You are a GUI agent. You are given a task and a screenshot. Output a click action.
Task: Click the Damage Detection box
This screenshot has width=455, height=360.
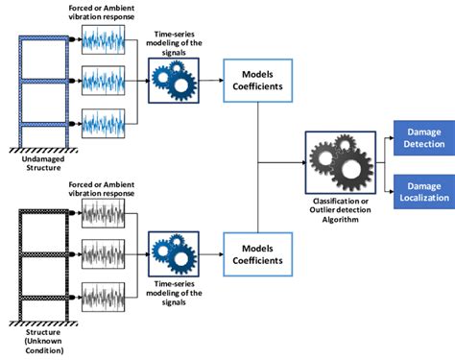coord(424,138)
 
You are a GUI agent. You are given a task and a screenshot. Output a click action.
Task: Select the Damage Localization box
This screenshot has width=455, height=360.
coord(424,192)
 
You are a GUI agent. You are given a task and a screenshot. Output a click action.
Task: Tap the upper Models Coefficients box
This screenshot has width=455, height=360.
coord(258,81)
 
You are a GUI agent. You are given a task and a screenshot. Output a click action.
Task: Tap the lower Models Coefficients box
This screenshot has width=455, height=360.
coord(258,254)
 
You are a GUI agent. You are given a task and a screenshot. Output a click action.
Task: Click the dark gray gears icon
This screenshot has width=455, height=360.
coord(341,162)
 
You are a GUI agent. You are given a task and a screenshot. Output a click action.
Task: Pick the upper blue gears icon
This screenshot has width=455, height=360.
coord(174,81)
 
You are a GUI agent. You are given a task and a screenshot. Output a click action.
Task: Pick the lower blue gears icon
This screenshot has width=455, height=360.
coord(174,254)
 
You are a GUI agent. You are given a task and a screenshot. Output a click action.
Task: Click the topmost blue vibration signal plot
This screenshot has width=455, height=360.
coord(104,39)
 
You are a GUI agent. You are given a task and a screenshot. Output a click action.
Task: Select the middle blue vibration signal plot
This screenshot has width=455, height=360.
coord(104,81)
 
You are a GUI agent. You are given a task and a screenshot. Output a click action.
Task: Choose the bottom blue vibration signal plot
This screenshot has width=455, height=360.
coord(104,124)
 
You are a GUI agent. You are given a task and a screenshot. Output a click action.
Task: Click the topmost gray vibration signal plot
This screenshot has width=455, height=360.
coord(104,213)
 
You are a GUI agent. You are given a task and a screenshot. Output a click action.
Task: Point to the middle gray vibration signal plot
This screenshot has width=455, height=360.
coord(104,254)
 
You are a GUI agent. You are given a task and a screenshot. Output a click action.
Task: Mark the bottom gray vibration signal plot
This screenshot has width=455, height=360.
coord(104,297)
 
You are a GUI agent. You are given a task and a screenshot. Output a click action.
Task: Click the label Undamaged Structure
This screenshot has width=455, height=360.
coord(43,163)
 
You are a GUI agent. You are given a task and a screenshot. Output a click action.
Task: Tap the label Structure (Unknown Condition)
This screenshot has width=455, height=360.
coord(44,341)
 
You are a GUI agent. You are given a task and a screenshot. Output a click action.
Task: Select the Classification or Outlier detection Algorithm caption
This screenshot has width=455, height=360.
coord(340,210)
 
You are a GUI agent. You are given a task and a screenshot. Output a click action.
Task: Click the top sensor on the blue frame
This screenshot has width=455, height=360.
coord(73,39)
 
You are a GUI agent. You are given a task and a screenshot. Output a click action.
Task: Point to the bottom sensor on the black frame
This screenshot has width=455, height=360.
coord(73,298)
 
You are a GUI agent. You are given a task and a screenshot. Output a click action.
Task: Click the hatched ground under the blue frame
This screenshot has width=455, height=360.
coord(43,150)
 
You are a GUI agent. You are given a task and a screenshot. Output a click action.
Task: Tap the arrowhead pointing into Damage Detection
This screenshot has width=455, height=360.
coord(392,138)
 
